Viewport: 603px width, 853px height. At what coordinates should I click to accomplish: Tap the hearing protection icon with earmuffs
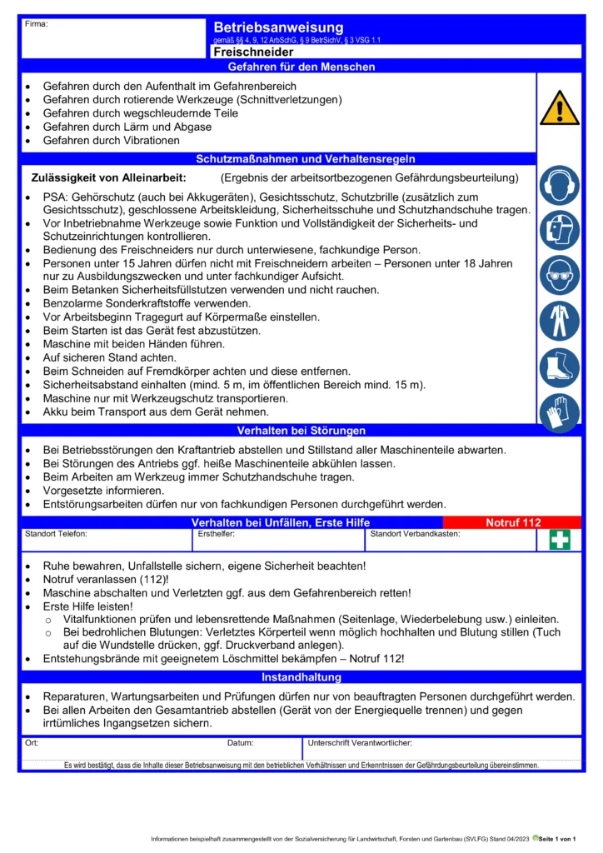559,185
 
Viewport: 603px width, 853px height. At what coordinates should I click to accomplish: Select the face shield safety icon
559,231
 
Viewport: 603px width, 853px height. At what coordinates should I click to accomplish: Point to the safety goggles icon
559,276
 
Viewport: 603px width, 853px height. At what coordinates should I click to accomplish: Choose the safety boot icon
559,367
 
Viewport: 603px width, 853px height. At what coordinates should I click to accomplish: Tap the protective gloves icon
559,412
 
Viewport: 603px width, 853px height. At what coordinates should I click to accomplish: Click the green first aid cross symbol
560,541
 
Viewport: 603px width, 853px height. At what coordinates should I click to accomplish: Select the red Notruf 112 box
514,523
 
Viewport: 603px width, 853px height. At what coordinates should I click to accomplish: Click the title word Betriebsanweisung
278,28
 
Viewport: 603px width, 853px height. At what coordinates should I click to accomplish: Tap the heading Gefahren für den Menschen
301,67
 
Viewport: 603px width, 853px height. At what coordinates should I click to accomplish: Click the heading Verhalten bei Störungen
301,431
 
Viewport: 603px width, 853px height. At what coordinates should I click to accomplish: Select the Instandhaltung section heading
301,678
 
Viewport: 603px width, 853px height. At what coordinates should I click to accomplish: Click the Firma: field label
37,24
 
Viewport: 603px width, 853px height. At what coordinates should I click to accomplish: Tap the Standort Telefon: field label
56,534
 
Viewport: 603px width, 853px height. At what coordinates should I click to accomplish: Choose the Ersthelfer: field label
217,534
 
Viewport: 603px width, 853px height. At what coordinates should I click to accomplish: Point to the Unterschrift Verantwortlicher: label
360,742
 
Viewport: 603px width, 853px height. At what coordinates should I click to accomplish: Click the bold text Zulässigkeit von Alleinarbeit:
108,178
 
